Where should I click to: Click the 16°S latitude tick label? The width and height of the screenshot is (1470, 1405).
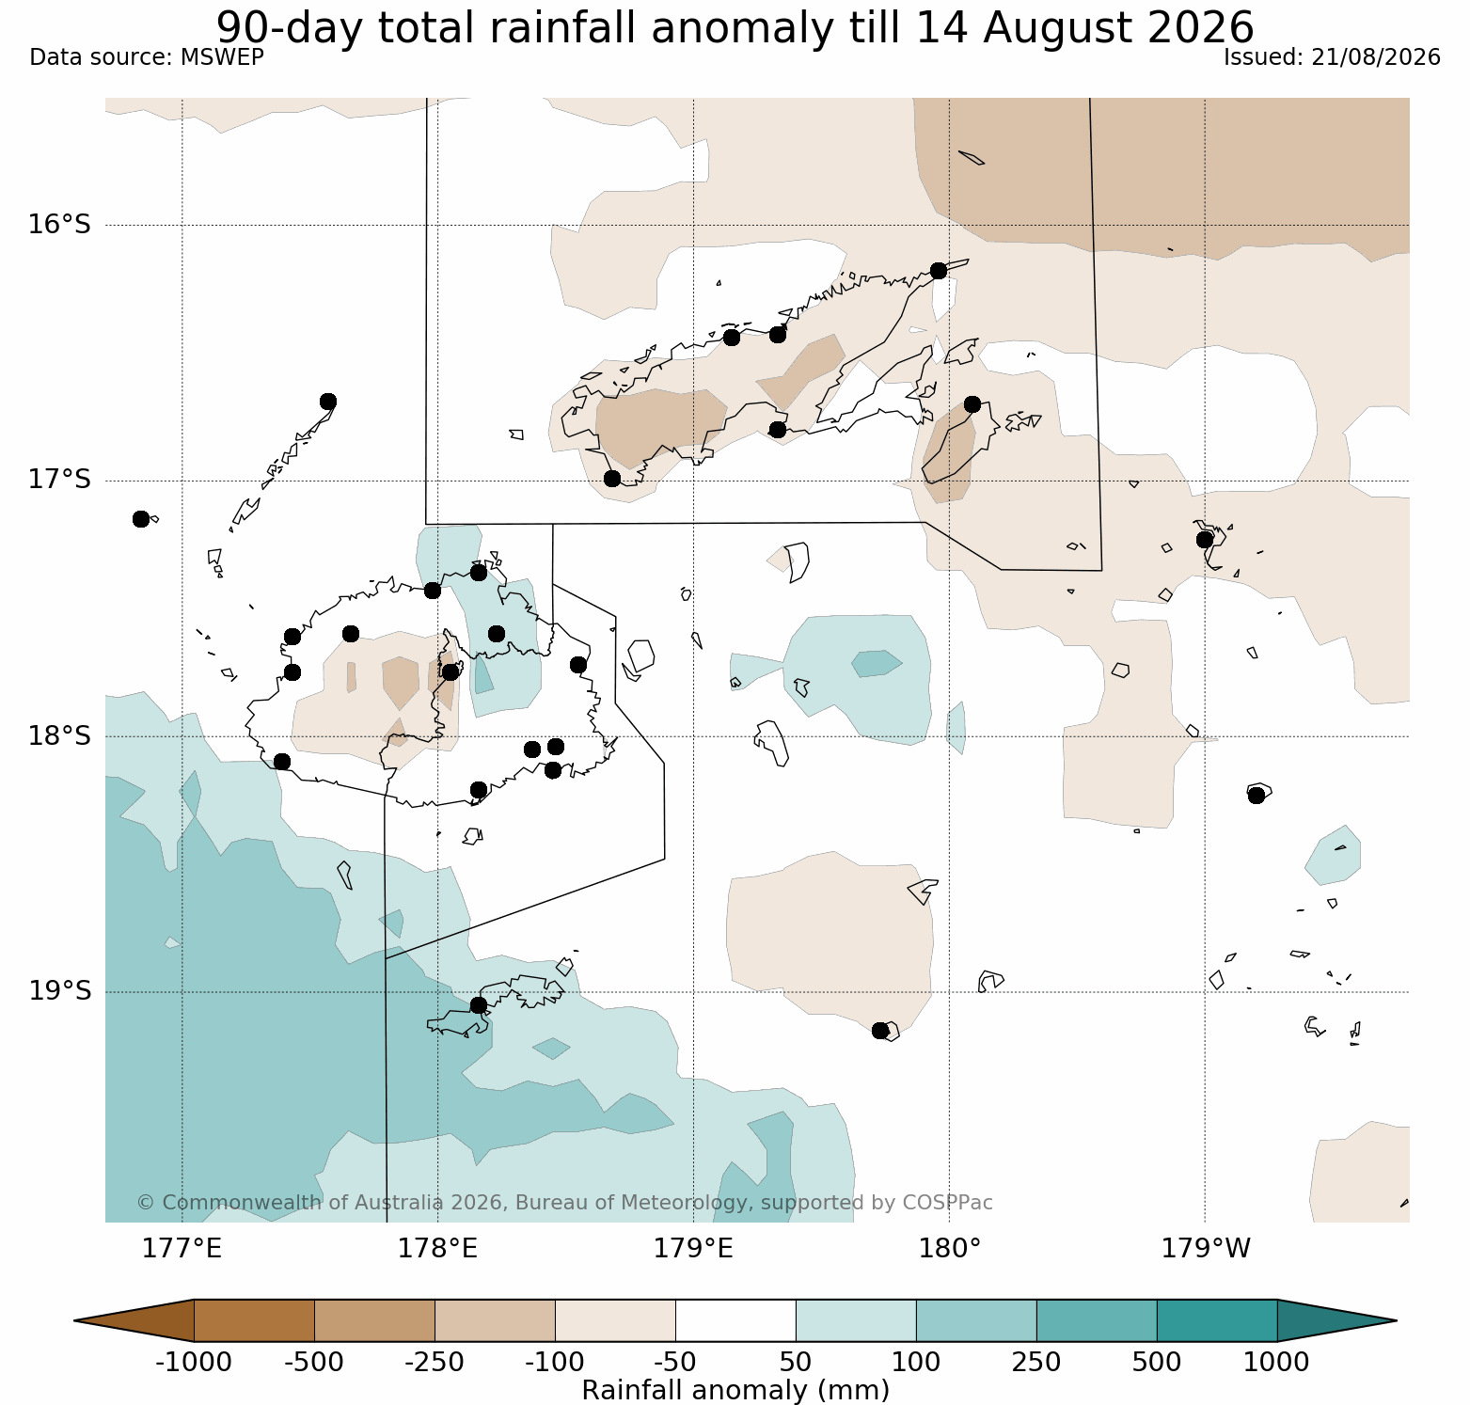coord(59,225)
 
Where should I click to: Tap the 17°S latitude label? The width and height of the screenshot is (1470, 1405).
coord(59,480)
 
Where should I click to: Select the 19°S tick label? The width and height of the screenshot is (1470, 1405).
coord(59,991)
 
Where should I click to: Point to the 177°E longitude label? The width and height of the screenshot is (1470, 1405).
coord(182,1249)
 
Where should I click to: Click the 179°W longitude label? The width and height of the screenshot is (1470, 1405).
coord(1206,1249)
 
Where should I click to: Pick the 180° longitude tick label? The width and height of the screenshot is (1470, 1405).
coord(950,1249)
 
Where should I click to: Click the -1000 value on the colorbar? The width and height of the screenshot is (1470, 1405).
coord(193,1362)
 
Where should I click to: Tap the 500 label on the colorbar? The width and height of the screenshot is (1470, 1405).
coord(1157,1362)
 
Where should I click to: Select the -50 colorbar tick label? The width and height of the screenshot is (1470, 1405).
coord(675,1362)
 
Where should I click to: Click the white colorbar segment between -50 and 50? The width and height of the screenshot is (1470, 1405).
coord(735,1320)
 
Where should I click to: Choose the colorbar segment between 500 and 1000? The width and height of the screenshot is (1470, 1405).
coord(1217,1320)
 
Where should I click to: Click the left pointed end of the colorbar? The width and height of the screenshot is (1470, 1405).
coord(75,1320)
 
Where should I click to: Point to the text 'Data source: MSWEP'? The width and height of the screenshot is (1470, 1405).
coord(147,57)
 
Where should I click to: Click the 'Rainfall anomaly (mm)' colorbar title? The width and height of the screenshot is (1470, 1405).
coord(735,1390)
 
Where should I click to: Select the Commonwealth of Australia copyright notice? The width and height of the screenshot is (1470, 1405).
coord(564,1203)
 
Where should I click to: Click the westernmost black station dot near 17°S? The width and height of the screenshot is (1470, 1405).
coord(141,519)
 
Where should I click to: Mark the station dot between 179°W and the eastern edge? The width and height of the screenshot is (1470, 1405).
coord(1257,796)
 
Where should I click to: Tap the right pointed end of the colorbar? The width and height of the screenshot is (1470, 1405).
coord(1396,1320)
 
